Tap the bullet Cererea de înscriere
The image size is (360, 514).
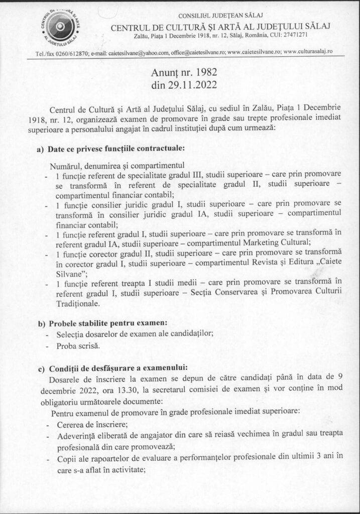[82, 424]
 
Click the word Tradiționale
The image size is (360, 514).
[77, 304]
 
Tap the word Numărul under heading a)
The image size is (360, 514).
[66, 165]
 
